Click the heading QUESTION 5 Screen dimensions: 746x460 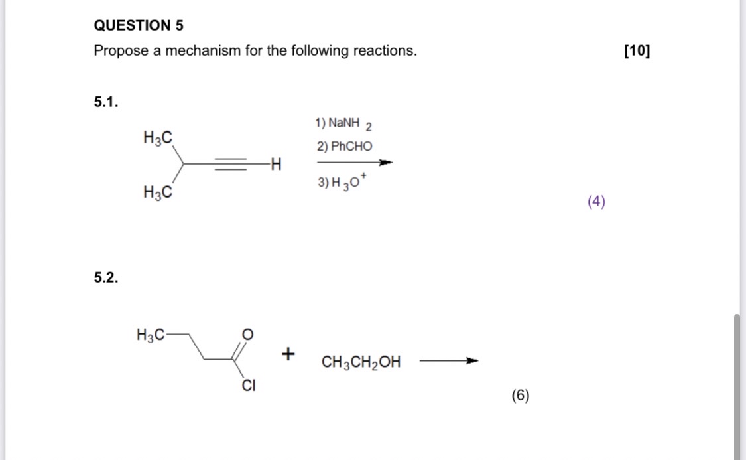coord(139,26)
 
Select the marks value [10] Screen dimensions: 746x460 coord(637,51)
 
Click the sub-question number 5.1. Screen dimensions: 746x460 coord(106,102)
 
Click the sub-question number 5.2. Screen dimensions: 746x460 coord(106,277)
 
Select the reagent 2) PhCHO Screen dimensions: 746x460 coord(344,146)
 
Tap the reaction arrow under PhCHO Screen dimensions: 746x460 coord(355,162)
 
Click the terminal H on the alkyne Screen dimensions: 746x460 coord(276,163)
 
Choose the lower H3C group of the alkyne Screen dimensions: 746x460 coord(158,192)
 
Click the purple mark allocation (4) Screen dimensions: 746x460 coord(596,202)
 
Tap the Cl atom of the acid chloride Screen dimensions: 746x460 coord(248,385)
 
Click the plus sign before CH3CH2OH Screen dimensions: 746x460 coord(288,355)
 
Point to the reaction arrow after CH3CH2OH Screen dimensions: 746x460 coord(449,362)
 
